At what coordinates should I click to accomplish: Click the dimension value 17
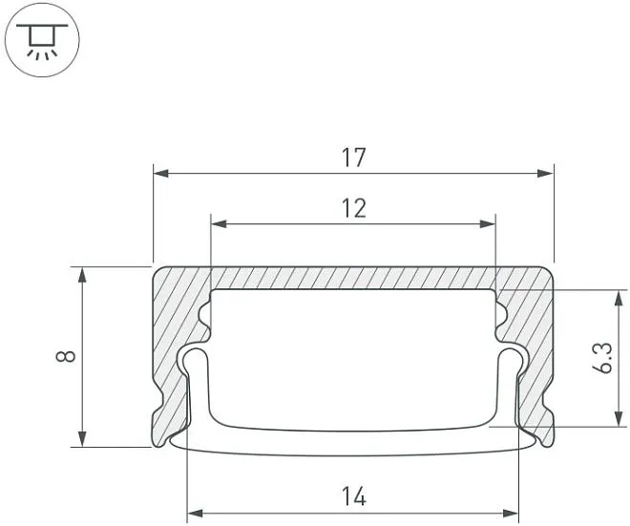pyautogui.click(x=354, y=158)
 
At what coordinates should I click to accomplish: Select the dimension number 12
pyautogui.click(x=354, y=208)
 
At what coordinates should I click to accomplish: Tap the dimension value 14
pyautogui.click(x=354, y=496)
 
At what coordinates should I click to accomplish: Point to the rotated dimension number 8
pyautogui.click(x=66, y=356)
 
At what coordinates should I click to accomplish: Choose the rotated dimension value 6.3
pyautogui.click(x=602, y=358)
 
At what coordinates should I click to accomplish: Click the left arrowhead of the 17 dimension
pyautogui.click(x=160, y=174)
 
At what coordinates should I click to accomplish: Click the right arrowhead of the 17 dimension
pyautogui.click(x=546, y=174)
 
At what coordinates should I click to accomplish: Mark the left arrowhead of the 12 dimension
pyautogui.click(x=219, y=223)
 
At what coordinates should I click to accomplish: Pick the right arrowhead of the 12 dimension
pyautogui.click(x=488, y=223)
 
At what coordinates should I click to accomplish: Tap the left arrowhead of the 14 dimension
pyautogui.click(x=196, y=514)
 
